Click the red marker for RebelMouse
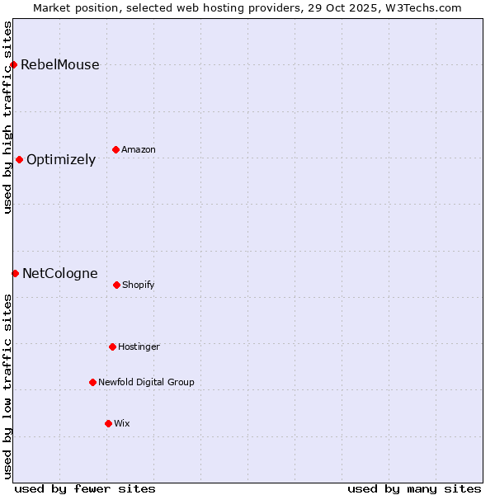pyautogui.click(x=13, y=64)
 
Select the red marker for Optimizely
pyautogui.click(x=19, y=159)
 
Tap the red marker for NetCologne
pyautogui.click(x=15, y=273)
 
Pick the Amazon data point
pyautogui.click(x=115, y=149)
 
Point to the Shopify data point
pyautogui.click(x=116, y=285)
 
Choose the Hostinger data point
pyautogui.click(x=112, y=346)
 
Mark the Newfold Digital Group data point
pyautogui.click(x=92, y=382)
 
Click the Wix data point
pyautogui.click(x=108, y=423)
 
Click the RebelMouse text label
pyautogui.click(x=59, y=65)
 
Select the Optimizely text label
pyautogui.click(x=61, y=160)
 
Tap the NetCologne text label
pyautogui.click(x=59, y=274)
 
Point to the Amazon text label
pyautogui.click(x=139, y=150)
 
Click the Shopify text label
pyautogui.click(x=139, y=285)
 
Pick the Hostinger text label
pyautogui.click(x=139, y=347)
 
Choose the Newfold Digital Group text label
pyautogui.click(x=146, y=383)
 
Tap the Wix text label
pyautogui.click(x=122, y=424)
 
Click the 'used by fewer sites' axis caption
pyautogui.click(x=85, y=488)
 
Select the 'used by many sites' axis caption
pyautogui.click(x=414, y=488)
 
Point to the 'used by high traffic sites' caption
pyautogui.click(x=7, y=117)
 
